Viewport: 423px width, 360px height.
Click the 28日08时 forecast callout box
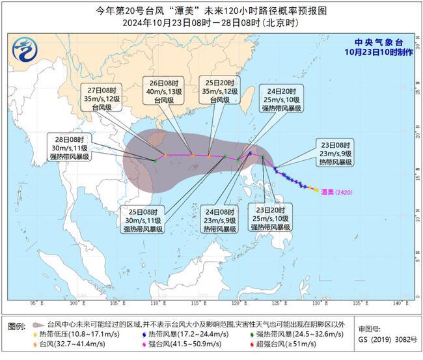pyautogui.click(x=73, y=148)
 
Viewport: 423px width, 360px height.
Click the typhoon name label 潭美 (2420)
pyautogui.click(x=340, y=191)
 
